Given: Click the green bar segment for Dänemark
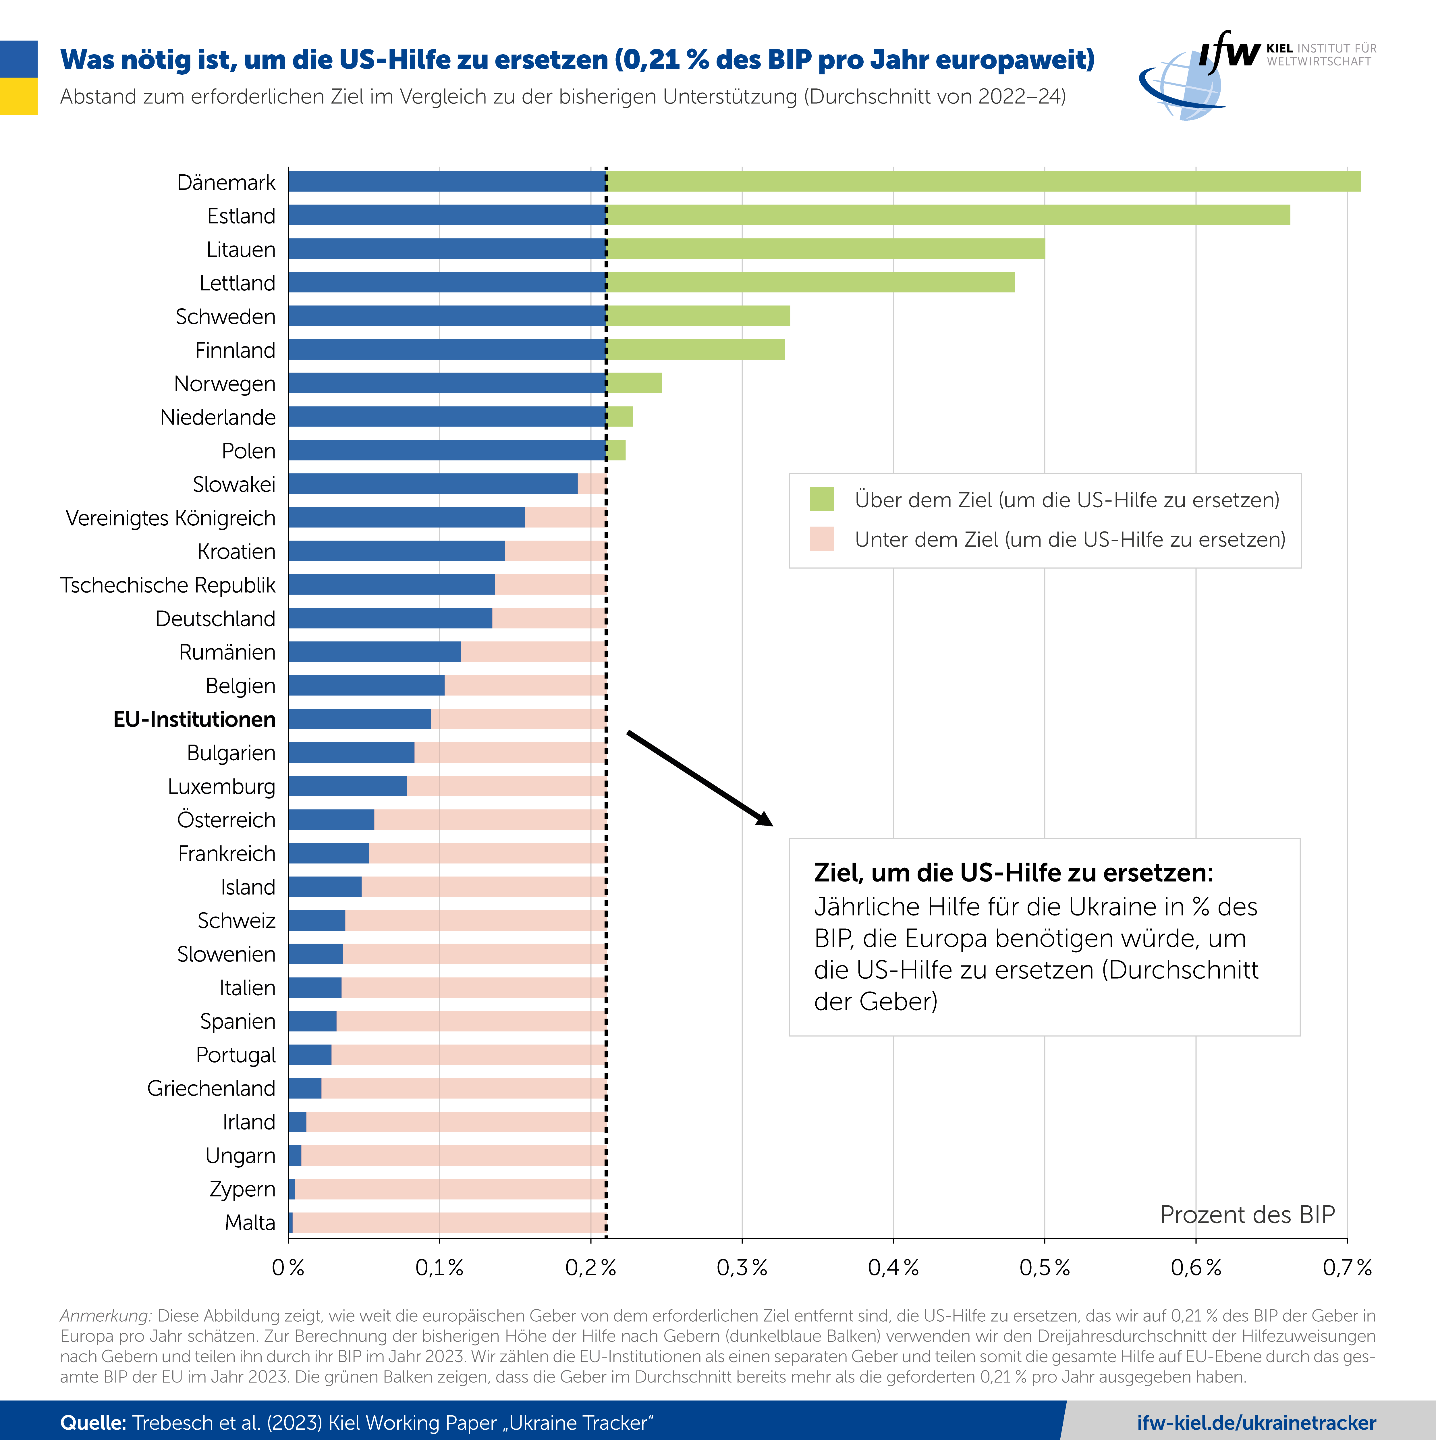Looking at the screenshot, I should (984, 181).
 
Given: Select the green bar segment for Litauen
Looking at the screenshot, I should (826, 248).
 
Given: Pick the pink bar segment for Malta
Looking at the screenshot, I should (449, 1222).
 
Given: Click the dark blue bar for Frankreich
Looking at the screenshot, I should (329, 853).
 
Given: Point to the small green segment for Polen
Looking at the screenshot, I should (616, 450).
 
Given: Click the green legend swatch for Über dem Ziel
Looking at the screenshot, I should (822, 499).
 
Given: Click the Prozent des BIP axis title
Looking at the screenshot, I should (1247, 1215).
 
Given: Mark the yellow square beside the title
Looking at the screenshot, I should (19, 96).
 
